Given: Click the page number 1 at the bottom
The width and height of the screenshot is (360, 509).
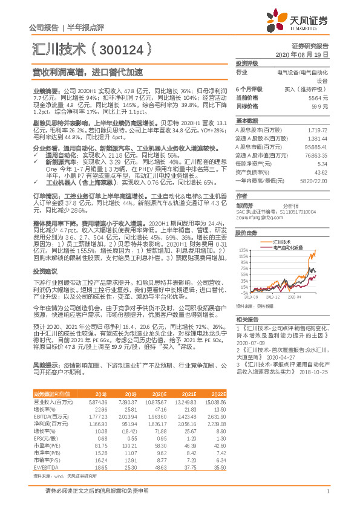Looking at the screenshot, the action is pyautogui.click(x=327, y=490).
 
